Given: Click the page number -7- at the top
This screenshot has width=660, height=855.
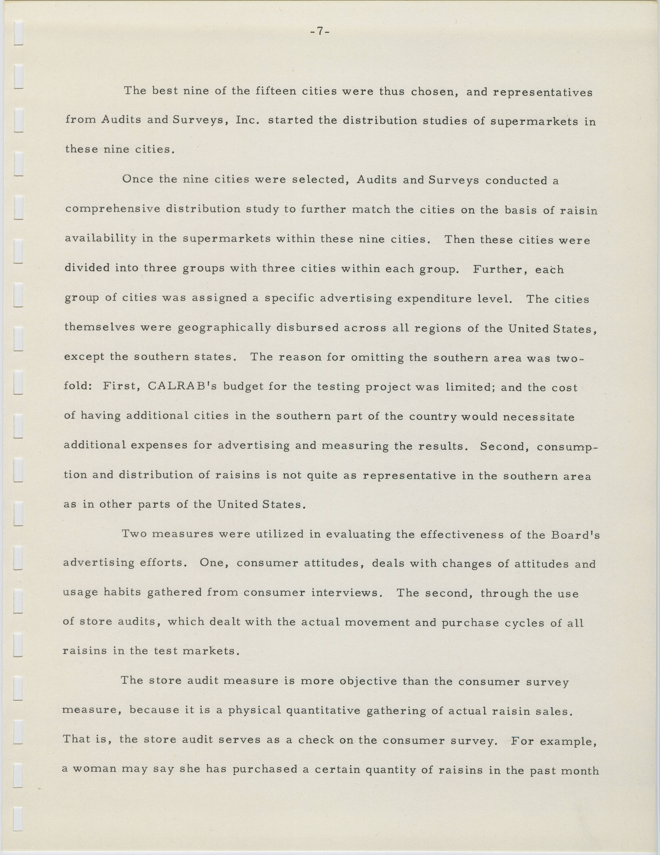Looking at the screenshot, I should point(319,31).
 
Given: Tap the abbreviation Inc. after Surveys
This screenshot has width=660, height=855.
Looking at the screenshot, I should point(248,120).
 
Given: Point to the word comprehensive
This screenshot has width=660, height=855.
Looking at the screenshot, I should point(113,209).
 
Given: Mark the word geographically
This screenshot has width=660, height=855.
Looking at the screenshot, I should point(224,328).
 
